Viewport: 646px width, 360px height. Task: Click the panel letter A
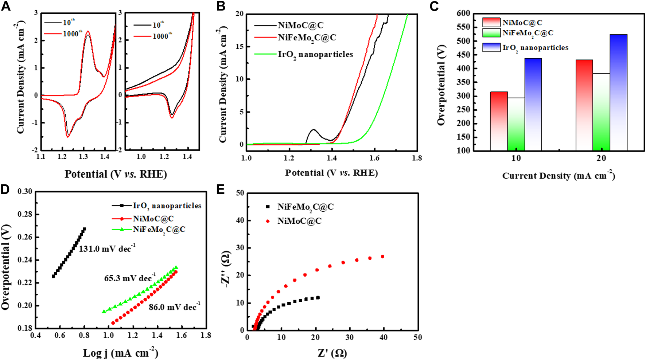coord(6,7)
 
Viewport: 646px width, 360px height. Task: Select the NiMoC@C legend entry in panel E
coord(299,221)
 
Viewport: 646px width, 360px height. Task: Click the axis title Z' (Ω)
coord(332,353)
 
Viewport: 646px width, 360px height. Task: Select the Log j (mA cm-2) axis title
coord(121,353)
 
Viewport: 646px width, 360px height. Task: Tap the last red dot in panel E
coord(382,257)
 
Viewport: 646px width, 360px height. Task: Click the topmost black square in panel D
coord(84,229)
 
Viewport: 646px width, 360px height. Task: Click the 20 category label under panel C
coord(601,158)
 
